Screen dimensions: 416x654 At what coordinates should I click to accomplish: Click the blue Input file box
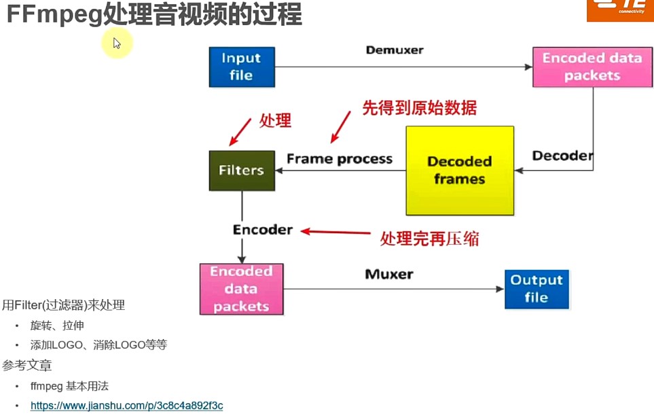click(x=241, y=67)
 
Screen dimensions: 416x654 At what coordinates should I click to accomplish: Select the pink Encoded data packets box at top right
click(x=592, y=67)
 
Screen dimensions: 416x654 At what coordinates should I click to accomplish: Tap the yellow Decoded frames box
click(x=459, y=171)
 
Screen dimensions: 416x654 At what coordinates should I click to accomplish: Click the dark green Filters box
click(x=241, y=170)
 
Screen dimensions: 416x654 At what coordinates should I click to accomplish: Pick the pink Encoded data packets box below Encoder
click(x=241, y=289)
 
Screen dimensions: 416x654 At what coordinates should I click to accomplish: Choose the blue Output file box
click(x=536, y=289)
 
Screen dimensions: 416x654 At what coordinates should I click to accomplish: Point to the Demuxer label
click(x=394, y=50)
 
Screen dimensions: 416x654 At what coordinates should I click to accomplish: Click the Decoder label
click(x=562, y=156)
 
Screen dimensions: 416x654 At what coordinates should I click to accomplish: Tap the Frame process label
click(x=340, y=159)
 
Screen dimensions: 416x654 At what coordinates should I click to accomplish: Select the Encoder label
click(x=263, y=230)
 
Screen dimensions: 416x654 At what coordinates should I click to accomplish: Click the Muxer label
click(x=388, y=275)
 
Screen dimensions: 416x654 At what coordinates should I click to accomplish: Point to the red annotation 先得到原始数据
click(x=419, y=107)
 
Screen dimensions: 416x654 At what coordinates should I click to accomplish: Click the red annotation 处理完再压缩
click(x=429, y=238)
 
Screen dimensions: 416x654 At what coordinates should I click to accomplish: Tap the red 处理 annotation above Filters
click(x=275, y=121)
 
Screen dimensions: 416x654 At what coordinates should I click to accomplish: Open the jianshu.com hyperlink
click(x=126, y=406)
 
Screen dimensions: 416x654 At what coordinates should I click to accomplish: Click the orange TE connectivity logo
click(x=619, y=10)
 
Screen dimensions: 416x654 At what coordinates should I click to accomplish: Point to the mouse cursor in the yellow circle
click(x=117, y=44)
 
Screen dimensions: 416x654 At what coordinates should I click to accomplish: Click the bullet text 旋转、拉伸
click(x=57, y=326)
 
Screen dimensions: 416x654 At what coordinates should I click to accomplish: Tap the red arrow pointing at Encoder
click(x=335, y=233)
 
